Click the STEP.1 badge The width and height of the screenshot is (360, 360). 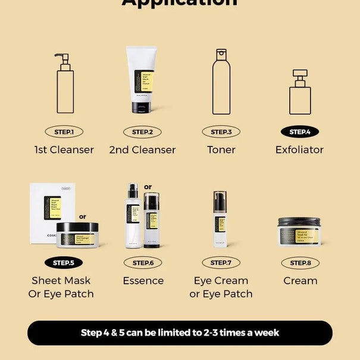[64, 132]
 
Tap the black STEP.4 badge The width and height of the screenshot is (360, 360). [299, 132]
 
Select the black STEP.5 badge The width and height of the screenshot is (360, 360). [64, 262]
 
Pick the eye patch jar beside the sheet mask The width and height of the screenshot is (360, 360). [77, 234]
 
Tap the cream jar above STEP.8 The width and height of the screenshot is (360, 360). [299, 231]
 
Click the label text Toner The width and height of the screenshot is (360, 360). [221, 150]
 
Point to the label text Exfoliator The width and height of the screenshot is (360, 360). [299, 150]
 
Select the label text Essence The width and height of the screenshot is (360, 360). [143, 280]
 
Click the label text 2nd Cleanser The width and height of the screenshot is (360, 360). [143, 150]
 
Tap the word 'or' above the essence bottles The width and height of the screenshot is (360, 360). [148, 187]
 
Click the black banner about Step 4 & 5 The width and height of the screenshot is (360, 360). [180, 333]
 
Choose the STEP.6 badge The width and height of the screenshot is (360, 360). [143, 262]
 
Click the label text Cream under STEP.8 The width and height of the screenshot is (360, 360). [300, 280]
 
